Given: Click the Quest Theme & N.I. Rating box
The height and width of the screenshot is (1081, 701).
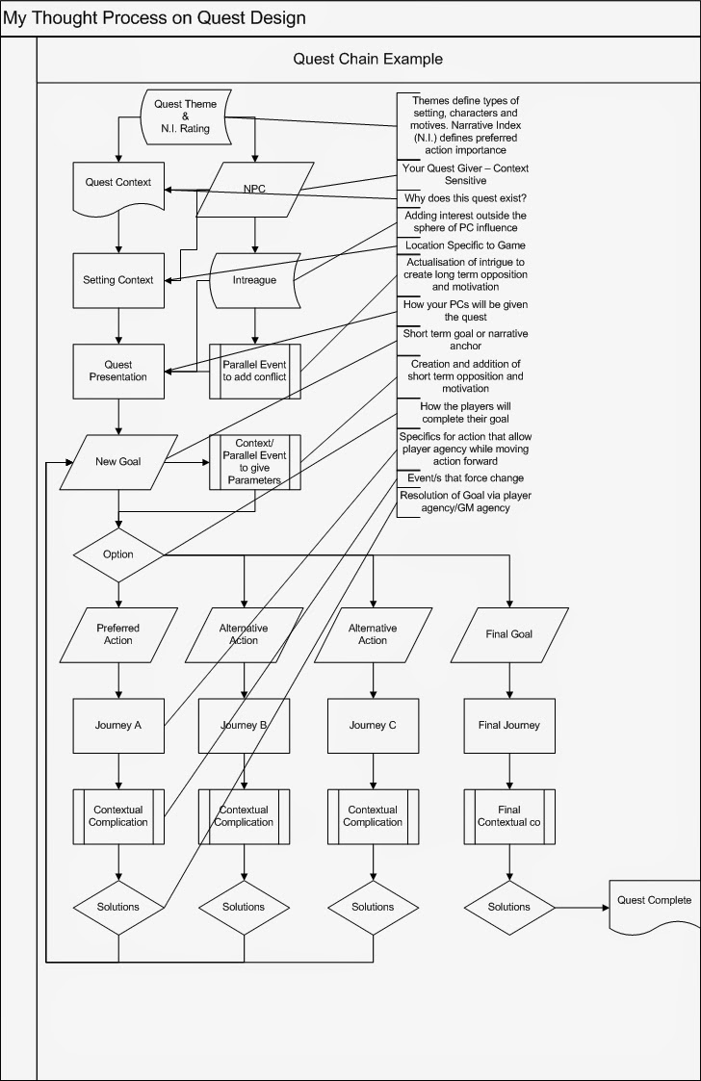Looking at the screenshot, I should click(186, 116).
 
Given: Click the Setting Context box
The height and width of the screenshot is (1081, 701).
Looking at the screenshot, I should click(118, 280).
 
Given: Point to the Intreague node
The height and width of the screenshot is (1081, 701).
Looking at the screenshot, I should click(254, 280).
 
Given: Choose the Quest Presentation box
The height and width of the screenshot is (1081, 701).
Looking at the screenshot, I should click(118, 371).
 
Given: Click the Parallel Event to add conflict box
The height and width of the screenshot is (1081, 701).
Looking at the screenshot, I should click(254, 372).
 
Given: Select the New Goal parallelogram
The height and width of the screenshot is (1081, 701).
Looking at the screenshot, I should click(118, 461).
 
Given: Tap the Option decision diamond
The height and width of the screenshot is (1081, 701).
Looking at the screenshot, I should click(118, 554).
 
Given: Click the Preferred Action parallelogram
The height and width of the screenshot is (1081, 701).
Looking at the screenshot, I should click(118, 634).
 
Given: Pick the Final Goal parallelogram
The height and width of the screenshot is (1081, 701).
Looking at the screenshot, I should click(508, 634).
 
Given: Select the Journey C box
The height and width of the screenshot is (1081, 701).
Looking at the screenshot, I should click(373, 726).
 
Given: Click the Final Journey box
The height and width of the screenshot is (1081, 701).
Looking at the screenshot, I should click(508, 726).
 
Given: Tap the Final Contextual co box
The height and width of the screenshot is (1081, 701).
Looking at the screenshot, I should click(508, 816).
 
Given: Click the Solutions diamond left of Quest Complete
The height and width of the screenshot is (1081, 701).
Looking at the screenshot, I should click(508, 907).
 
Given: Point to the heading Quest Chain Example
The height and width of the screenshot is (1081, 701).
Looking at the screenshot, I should click(368, 60).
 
